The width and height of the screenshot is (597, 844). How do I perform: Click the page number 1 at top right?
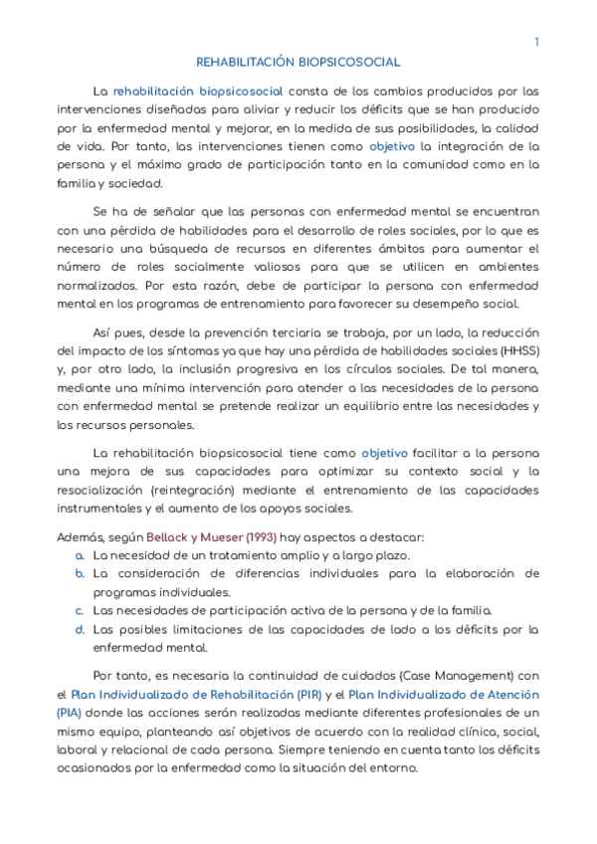(x=536, y=42)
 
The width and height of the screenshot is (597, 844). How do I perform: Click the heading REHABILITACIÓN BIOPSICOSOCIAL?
(x=298, y=62)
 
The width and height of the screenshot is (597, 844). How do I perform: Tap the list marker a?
(x=80, y=554)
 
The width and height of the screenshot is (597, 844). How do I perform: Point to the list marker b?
(x=80, y=573)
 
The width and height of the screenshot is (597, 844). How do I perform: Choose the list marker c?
(x=80, y=610)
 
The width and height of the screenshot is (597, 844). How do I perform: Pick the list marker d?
(x=80, y=629)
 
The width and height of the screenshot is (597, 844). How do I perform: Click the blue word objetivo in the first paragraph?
(x=390, y=145)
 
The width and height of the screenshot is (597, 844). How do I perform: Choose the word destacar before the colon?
(x=397, y=536)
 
